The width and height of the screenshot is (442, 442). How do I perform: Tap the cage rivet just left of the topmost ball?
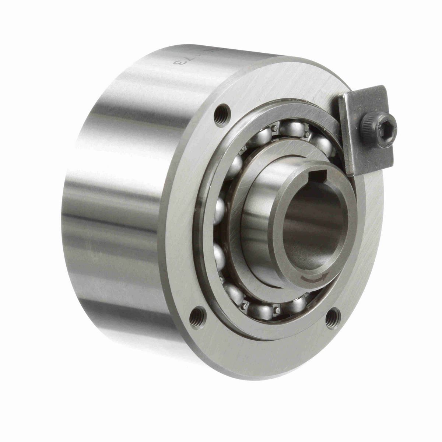point(274,129)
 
